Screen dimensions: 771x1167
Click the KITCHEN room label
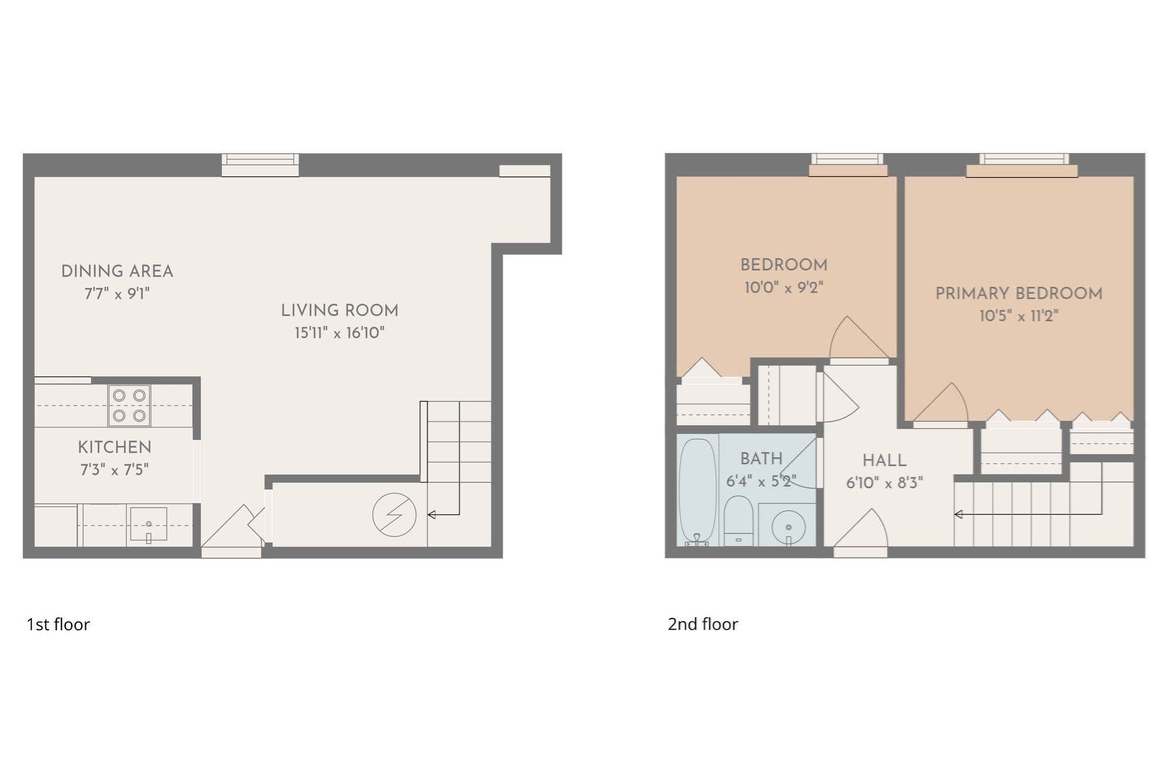click(114, 447)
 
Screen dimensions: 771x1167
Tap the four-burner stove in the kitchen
click(129, 405)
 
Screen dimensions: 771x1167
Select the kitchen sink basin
click(148, 524)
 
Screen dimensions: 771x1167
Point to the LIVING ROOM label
click(339, 311)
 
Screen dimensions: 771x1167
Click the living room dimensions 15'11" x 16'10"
click(339, 333)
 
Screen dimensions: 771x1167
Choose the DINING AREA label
click(117, 272)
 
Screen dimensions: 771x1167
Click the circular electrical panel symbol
click(394, 515)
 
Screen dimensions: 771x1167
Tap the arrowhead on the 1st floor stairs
click(431, 515)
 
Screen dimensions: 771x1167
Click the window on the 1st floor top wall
click(260, 164)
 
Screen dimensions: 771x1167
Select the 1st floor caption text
click(58, 624)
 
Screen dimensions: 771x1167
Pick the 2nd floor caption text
click(703, 624)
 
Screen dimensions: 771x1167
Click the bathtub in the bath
click(698, 491)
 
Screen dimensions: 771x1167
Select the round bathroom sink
click(788, 526)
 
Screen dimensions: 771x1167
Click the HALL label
click(884, 460)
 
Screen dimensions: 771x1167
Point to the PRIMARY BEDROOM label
click(1018, 293)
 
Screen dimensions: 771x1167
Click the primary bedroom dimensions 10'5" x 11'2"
click(1018, 316)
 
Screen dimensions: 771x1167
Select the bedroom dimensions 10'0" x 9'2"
click(783, 287)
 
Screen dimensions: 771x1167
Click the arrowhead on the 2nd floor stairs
click(958, 515)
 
